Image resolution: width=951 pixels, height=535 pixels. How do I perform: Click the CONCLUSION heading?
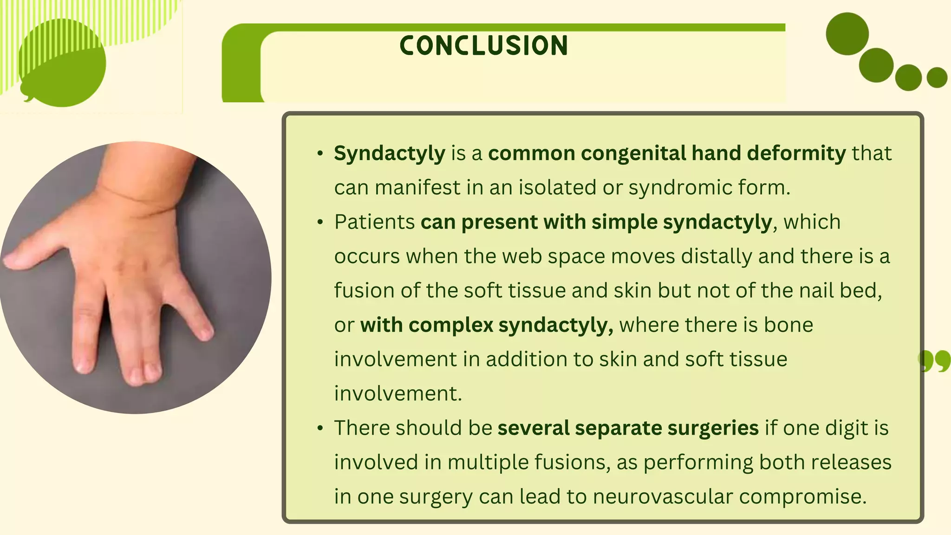[x=483, y=46]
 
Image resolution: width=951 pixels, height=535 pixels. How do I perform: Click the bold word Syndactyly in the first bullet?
[x=389, y=153]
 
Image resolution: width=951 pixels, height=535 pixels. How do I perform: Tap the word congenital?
[x=633, y=153]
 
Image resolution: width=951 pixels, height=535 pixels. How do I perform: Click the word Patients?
[x=374, y=222]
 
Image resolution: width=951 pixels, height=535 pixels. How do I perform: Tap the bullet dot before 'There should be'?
[x=320, y=428]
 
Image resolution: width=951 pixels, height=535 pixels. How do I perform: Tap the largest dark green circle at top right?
[x=847, y=34]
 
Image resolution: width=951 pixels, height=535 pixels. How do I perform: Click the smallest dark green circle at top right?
[x=937, y=78]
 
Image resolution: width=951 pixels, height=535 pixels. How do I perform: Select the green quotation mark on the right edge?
[x=934, y=361]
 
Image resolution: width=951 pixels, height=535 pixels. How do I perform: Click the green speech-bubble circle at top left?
[x=63, y=65]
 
